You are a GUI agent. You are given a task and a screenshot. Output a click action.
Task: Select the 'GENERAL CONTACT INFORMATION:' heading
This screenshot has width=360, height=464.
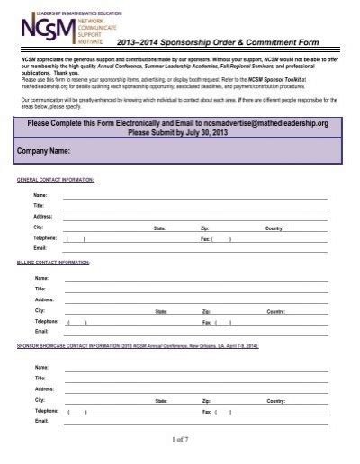[x=56, y=180]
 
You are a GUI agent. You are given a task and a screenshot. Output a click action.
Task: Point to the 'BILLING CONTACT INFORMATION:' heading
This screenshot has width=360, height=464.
[x=55, y=263]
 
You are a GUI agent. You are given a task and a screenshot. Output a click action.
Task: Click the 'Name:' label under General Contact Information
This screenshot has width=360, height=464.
[x=40, y=195]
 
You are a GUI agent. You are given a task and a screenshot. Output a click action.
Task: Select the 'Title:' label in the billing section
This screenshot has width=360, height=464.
[x=40, y=290]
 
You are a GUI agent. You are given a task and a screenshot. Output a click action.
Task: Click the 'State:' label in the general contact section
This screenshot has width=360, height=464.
[x=160, y=228]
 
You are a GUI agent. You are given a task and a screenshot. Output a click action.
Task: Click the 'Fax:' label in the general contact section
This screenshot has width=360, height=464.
[x=205, y=238]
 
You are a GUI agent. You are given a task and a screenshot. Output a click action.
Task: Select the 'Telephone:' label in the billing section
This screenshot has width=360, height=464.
[x=46, y=321]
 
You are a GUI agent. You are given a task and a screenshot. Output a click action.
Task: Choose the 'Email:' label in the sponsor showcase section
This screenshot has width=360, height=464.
[x=40, y=418]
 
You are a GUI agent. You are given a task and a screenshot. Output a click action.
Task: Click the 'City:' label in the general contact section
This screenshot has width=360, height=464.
[x=39, y=228]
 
